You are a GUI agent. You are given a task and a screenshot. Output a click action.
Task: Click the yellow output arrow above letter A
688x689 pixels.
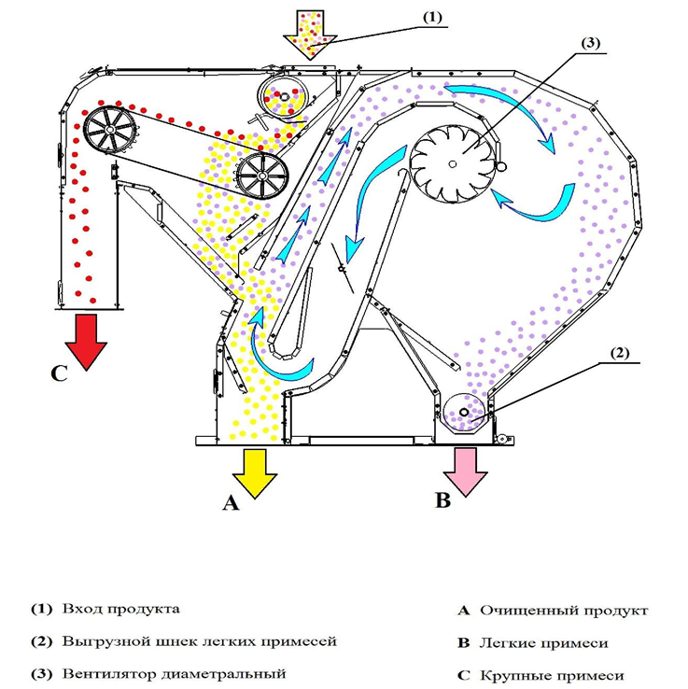tap(254, 471)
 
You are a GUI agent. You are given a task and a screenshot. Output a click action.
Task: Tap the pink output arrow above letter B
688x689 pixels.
tap(465, 470)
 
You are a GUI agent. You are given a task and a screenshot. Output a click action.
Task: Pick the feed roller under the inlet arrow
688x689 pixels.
tap(283, 95)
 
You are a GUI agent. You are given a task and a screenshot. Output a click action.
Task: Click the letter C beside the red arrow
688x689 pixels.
tap(59, 374)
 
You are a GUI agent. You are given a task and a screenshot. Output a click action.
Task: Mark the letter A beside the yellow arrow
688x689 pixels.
tap(231, 503)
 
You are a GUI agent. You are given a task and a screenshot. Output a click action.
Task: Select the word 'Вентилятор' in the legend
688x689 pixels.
tap(111, 673)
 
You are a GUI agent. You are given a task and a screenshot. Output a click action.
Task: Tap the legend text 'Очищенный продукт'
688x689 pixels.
tap(563, 611)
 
